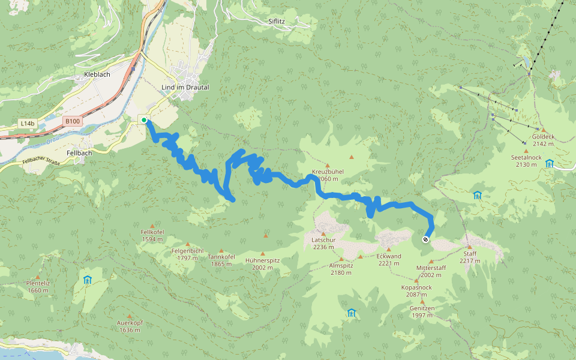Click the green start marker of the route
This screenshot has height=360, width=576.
click(144, 120)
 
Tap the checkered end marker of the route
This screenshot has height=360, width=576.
click(425, 239)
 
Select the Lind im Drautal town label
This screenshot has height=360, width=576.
click(185, 88)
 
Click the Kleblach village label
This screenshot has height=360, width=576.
click(94, 76)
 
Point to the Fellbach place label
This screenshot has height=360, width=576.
click(79, 153)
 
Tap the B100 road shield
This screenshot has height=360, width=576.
click(72, 121)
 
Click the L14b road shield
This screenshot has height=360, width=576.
click(27, 124)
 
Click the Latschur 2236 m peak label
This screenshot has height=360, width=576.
click(323, 242)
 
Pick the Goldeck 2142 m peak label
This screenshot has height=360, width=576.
click(543, 140)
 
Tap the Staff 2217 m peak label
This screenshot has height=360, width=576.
click(470, 257)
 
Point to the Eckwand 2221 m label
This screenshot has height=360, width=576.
click(389, 259)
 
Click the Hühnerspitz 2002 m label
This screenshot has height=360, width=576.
click(262, 263)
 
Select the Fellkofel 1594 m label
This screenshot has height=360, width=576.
click(152, 235)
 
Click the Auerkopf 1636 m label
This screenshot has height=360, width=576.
click(130, 326)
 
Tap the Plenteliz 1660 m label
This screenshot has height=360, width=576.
click(38, 287)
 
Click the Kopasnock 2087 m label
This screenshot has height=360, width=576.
click(416, 290)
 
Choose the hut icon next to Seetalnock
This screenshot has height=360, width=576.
click(550, 163)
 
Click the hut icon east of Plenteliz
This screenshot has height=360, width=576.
click(88, 280)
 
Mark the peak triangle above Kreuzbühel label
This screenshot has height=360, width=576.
click(328, 166)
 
